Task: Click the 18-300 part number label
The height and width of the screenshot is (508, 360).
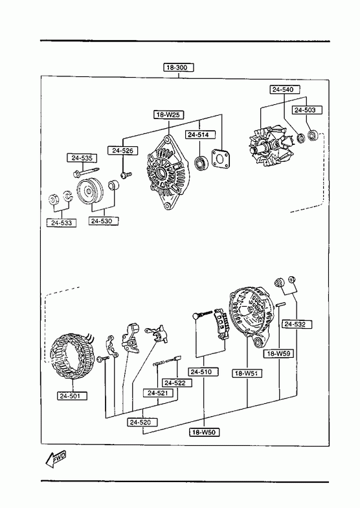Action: click(179, 67)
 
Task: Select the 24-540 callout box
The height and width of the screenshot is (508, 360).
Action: click(285, 89)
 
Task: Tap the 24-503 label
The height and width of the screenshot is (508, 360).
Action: click(308, 110)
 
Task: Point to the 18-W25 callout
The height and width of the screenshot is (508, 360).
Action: click(168, 115)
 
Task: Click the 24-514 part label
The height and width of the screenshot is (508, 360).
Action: click(201, 135)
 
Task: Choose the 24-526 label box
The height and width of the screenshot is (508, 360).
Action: click(122, 150)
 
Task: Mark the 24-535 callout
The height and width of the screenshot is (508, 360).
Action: click(82, 158)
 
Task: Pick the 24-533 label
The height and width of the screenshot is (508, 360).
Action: click(62, 223)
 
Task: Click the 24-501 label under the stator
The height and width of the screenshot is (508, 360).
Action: click(73, 395)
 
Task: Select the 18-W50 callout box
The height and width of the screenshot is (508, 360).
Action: click(205, 432)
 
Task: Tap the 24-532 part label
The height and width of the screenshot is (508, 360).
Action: click(297, 324)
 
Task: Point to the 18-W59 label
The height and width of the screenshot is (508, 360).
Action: click(278, 353)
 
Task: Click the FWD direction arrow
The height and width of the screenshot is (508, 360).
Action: click(56, 459)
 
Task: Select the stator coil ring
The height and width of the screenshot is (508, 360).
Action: click(73, 356)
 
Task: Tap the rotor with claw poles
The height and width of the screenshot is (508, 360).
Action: click(268, 148)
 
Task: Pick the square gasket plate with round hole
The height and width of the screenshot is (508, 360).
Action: click(220, 159)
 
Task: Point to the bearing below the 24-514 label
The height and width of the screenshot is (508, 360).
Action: click(201, 162)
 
